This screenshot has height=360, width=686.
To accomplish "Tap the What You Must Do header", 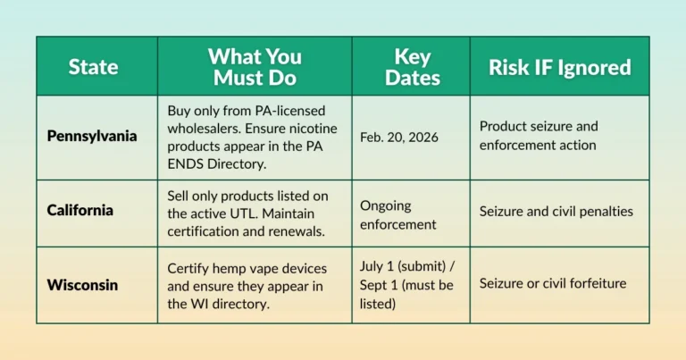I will pyautogui.click(x=255, y=66).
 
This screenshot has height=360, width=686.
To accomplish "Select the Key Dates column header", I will pyautogui.click(x=412, y=66).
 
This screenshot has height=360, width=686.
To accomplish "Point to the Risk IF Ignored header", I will pyautogui.click(x=559, y=66).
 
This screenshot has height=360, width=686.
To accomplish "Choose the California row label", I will pyautogui.click(x=81, y=212).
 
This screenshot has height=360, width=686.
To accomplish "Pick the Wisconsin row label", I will pyautogui.click(x=83, y=284).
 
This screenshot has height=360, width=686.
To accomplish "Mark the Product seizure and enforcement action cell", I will pyautogui.click(x=538, y=136).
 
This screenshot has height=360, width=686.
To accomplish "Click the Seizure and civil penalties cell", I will pyautogui.click(x=556, y=212).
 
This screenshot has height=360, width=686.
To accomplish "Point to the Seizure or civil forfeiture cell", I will pyautogui.click(x=552, y=284).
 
